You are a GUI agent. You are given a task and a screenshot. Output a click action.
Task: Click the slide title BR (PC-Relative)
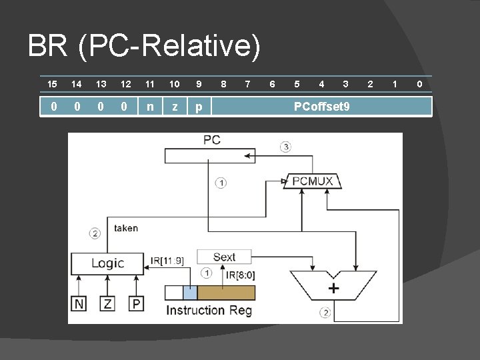pos(144,47)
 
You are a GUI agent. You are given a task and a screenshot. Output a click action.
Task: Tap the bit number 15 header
pos(52,84)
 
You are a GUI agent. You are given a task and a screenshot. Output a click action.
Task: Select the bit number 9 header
pos(198,84)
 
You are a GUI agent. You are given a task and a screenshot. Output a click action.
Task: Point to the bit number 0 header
pos(419,84)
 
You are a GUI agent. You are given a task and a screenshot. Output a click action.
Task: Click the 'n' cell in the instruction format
pos(150,107)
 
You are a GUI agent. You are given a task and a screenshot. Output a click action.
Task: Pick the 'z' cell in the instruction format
pos(175,107)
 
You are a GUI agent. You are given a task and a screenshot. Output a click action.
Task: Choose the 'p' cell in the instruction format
pos(198,107)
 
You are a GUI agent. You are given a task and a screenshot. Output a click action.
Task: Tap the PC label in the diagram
pos(212,140)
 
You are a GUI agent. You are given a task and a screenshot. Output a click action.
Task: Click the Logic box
pos(107,263)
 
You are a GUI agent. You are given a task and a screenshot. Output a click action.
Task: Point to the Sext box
pos(225,257)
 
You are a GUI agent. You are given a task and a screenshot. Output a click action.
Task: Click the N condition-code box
pos(79,304)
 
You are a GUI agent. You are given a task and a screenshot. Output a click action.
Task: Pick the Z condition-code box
pos(107,304)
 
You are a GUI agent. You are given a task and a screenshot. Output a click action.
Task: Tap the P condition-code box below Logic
pos(135,304)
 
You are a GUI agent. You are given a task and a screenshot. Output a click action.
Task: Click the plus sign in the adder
pos(333,289)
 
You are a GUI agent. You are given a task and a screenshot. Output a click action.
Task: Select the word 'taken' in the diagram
pos(126,228)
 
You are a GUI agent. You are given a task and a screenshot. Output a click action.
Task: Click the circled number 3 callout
pos(285,147)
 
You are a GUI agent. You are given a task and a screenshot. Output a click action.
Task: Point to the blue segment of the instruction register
pos(190,293)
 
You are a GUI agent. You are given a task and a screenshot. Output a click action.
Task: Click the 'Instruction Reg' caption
pos(205,310)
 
